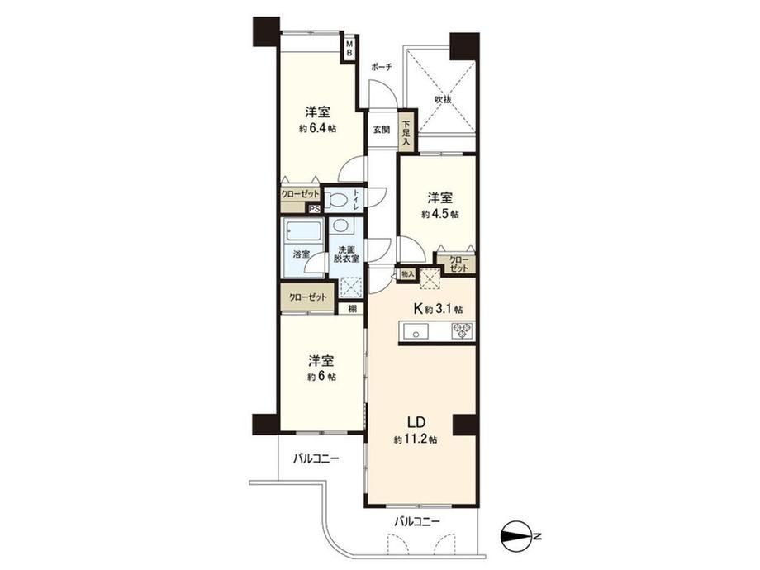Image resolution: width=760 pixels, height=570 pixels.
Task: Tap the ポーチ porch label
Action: [381, 68]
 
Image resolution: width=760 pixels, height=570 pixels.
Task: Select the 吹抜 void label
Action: [443, 100]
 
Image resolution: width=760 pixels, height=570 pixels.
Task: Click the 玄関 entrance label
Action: [381, 130]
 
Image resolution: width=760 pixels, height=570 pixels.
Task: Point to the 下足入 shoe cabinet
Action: [406, 133]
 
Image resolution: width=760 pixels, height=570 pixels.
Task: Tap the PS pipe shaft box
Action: [315, 209]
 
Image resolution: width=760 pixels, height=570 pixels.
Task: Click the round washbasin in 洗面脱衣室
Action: [341, 226]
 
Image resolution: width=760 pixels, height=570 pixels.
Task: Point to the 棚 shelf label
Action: [352, 309]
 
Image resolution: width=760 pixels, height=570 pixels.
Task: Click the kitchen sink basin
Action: [415, 332]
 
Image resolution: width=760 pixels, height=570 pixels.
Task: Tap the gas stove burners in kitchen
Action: [462, 331]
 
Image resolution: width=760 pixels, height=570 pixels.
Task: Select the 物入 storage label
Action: [407, 274]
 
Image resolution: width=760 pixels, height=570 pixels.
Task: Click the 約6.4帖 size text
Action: [318, 129]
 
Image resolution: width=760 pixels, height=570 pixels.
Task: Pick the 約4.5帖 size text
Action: [440, 214]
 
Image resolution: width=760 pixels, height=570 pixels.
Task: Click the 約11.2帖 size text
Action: [416, 439]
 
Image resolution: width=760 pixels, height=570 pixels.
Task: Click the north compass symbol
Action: [515, 536]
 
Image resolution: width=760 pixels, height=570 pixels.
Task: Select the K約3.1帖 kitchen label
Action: [438, 309]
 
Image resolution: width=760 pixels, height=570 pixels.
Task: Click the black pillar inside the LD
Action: [464, 425]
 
